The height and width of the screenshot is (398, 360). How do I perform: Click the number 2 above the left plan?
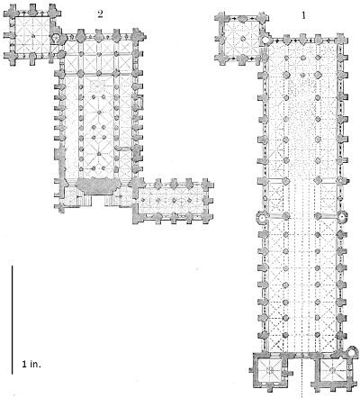coord(100,14)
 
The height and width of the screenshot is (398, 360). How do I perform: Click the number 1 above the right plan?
coord(303,15)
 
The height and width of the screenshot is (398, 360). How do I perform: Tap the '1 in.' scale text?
coord(31,365)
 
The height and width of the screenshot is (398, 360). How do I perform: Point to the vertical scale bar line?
coord(13,320)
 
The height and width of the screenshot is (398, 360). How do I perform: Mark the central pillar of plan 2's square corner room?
coord(32,36)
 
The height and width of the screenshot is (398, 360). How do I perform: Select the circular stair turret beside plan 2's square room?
coord(56,38)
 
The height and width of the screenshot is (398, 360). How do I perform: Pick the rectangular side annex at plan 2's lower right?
coord(174,201)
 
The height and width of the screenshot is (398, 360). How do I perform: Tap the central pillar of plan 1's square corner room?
coord(242,39)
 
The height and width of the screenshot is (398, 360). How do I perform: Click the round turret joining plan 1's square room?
coord(265,40)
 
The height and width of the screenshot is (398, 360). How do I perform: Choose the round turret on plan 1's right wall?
coord(342,215)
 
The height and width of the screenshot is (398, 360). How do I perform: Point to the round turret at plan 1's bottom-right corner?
coord(353,351)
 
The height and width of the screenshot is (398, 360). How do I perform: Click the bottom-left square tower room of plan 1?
coord(270,370)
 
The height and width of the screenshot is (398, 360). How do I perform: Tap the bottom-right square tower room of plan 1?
coord(332,370)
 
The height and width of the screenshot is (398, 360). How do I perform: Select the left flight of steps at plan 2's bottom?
coord(85,201)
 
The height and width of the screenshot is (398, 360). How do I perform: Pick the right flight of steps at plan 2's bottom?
coord(110,201)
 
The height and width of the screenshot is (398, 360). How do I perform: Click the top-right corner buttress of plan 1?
coord(341,40)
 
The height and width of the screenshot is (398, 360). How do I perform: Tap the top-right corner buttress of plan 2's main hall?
coord(138,35)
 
